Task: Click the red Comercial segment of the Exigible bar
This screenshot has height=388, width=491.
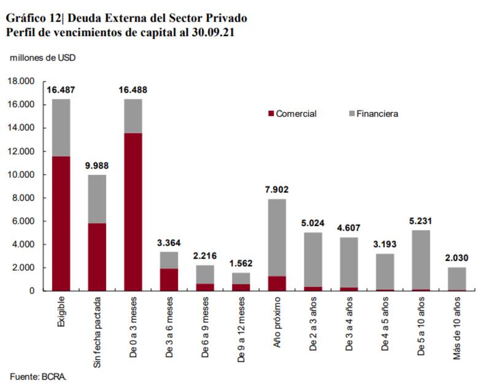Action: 60,223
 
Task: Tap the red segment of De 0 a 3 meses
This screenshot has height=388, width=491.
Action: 133,211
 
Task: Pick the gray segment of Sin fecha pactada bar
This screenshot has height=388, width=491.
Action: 96,199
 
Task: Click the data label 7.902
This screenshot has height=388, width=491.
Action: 277,189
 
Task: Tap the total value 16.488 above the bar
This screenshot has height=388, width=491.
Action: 133,89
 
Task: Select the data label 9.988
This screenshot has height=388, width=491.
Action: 96,165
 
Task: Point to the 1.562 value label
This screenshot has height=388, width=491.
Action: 241,264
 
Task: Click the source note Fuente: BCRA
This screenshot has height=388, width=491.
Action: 38,375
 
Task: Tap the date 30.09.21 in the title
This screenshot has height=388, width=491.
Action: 212,32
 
